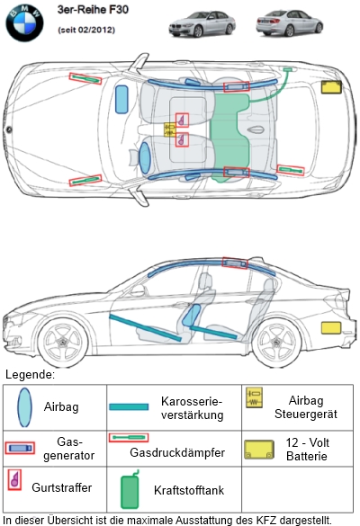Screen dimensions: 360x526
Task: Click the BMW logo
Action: (24, 23)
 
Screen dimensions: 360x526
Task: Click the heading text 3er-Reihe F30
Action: (93, 10)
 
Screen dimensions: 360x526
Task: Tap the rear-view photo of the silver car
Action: (290, 22)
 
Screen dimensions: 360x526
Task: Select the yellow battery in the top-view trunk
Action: (331, 87)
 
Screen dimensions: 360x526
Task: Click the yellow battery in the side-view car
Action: (331, 328)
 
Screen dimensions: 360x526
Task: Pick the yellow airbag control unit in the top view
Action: (170, 129)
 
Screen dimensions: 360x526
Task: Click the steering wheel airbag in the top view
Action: (145, 158)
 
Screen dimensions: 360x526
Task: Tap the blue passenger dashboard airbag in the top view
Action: (121, 99)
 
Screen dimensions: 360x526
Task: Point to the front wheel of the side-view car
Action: (63, 343)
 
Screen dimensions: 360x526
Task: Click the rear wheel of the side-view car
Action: (276, 343)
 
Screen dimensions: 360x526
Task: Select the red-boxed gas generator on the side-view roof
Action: (235, 263)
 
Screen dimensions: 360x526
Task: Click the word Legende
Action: (30, 374)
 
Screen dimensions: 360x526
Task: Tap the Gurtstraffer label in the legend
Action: (62, 487)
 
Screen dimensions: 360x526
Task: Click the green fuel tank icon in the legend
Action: (130, 489)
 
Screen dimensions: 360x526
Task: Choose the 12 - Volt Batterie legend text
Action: (307, 450)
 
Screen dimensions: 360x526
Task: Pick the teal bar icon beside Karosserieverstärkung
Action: (129, 407)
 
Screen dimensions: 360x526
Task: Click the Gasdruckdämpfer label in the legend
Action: (177, 452)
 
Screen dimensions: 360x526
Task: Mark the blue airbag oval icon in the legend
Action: (25, 407)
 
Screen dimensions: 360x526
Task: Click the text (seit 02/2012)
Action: (86, 30)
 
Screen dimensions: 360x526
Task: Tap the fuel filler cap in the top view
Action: (287, 69)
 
